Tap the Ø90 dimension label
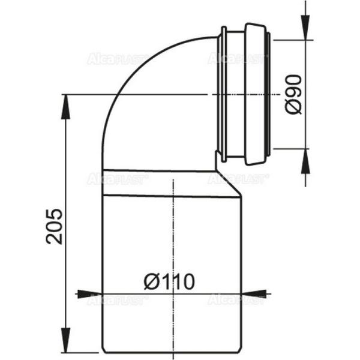coord(293,94)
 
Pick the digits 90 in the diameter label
coord(293,86)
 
